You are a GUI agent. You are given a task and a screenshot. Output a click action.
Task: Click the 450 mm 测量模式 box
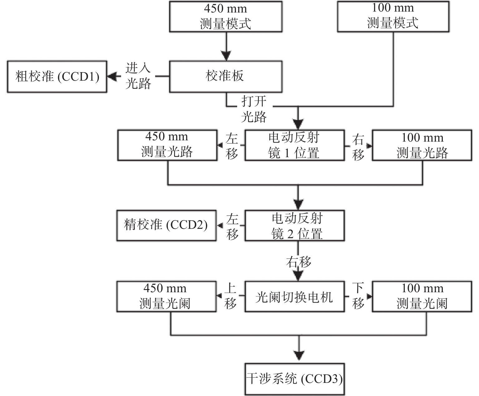point(226,17)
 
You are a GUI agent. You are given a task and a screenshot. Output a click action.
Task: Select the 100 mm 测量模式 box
point(393,16)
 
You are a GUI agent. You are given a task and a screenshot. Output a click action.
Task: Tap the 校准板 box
point(226,77)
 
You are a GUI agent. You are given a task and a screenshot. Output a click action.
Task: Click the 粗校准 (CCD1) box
point(57,77)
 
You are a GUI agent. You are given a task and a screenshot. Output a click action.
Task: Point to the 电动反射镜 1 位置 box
point(295,145)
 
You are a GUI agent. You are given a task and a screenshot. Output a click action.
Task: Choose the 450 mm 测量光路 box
point(167,145)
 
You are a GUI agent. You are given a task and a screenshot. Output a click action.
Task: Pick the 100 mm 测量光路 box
point(422,145)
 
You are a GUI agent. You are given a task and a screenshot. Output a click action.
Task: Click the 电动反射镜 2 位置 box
point(295,225)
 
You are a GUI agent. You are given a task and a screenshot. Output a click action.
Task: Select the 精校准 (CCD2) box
point(166,225)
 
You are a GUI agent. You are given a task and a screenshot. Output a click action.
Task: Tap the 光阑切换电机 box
point(295,297)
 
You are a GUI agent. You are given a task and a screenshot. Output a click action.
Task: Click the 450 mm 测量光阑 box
point(166,297)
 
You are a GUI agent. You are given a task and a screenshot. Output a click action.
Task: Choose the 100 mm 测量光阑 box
point(422,297)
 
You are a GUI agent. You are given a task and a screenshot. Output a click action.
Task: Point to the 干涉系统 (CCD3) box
point(295,379)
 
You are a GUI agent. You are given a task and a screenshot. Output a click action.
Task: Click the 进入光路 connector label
point(138,76)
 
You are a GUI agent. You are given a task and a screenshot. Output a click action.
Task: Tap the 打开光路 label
point(254,109)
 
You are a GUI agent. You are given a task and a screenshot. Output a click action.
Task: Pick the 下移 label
point(358,296)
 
